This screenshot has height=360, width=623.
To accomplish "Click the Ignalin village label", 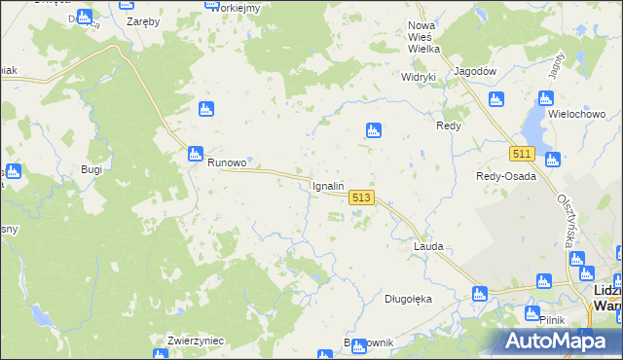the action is [326, 185].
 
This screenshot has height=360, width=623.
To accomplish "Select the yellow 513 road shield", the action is [360, 197].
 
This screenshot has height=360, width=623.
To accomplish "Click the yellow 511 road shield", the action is [523, 154].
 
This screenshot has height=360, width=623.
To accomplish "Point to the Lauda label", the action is [428, 246].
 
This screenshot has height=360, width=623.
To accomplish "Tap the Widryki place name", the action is [421, 76].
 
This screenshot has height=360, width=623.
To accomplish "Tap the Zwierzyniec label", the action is [197, 341].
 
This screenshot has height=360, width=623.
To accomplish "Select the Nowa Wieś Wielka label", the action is [424, 37].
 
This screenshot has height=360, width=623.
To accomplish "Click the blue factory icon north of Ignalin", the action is [372, 130].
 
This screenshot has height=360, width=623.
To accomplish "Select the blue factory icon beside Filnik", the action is [532, 313].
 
